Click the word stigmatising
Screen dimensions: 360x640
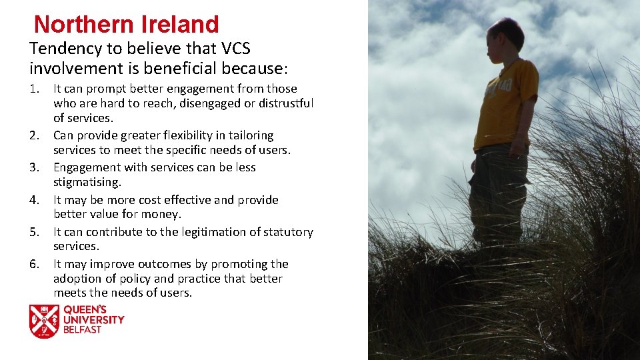pos(87,182)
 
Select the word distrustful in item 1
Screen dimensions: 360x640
pos(283,103)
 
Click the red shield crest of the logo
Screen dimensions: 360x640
pos(44,321)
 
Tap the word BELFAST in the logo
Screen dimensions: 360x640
pos(83,329)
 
